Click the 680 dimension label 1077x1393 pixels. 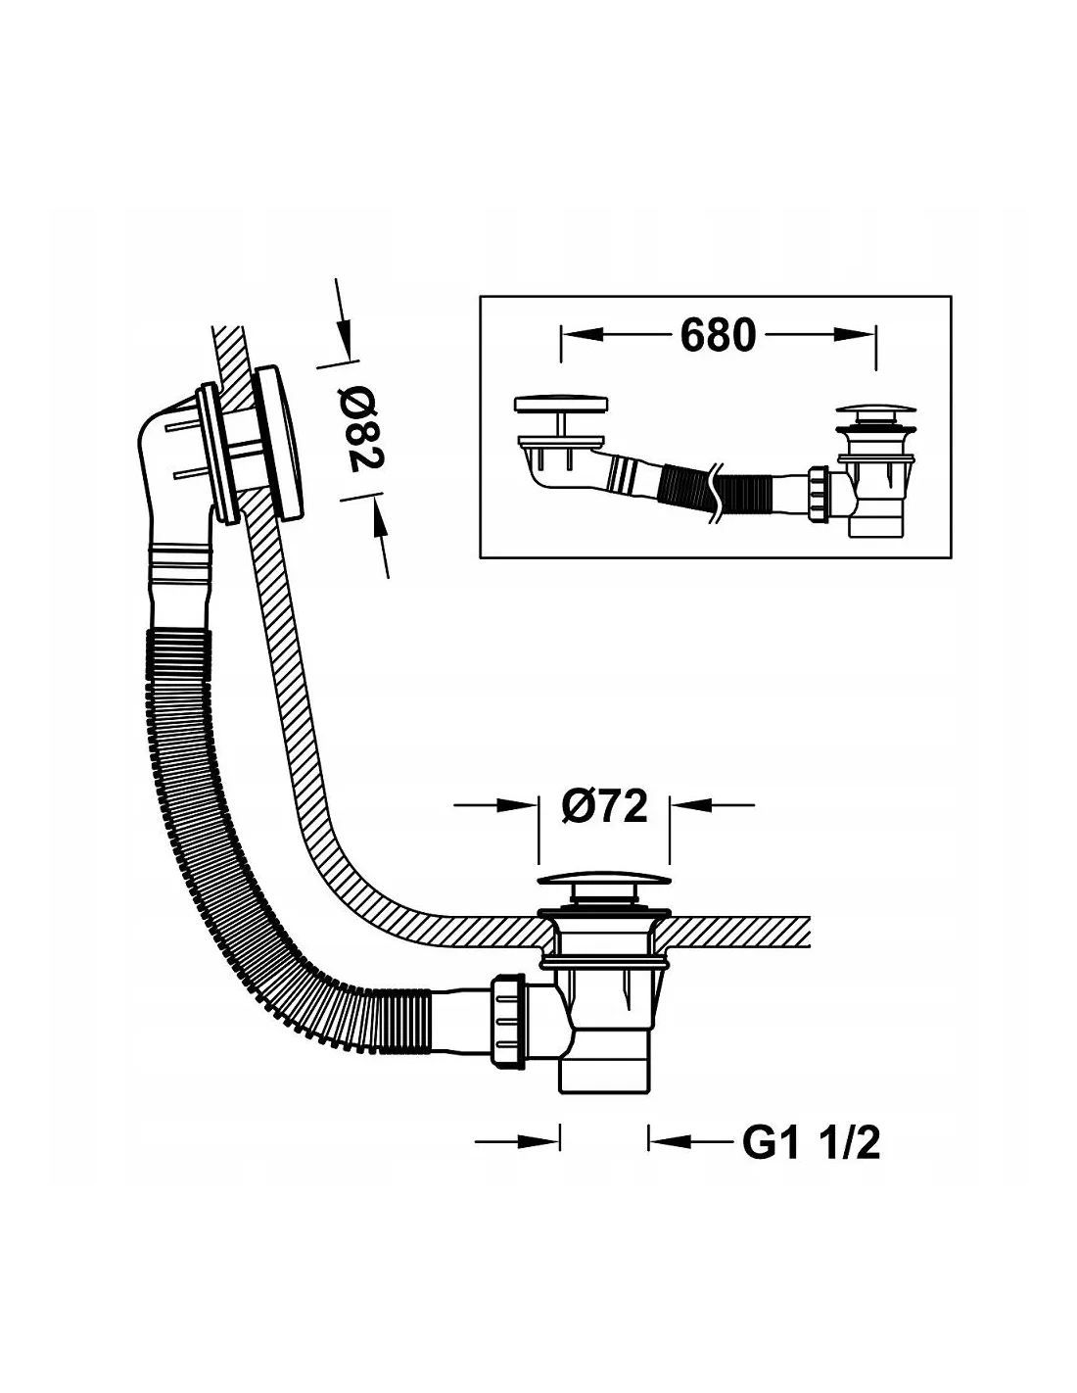click(718, 335)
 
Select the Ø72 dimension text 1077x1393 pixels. click(604, 806)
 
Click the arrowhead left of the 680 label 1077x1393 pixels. click(583, 335)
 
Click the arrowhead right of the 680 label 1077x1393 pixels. click(855, 335)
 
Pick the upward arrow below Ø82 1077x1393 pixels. click(380, 537)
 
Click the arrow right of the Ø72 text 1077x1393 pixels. click(712, 804)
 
